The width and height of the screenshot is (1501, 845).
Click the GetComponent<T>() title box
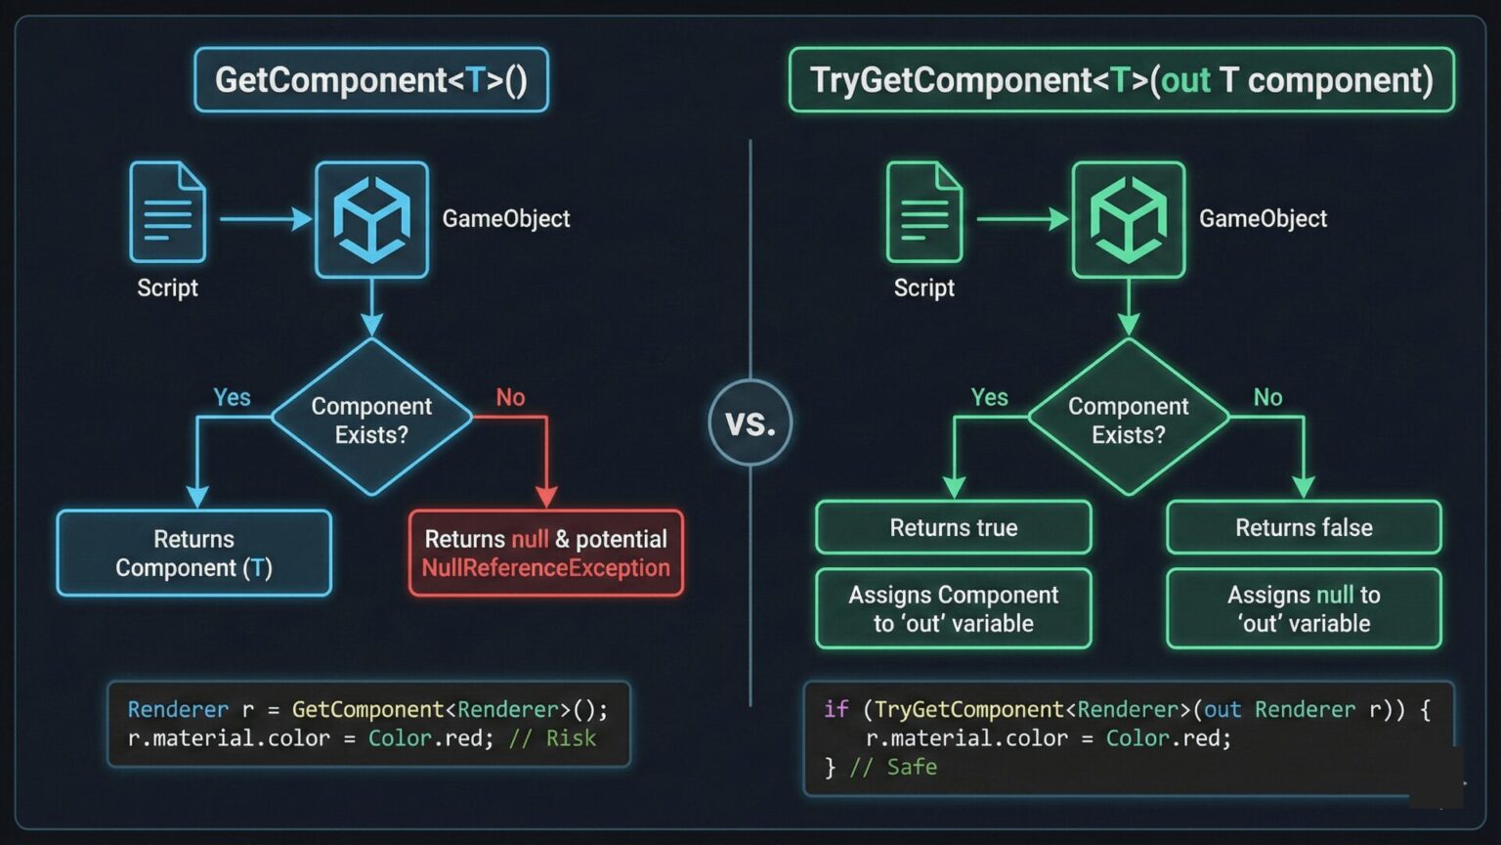pyautogui.click(x=371, y=79)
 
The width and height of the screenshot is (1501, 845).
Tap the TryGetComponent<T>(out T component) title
pyautogui.click(x=1121, y=79)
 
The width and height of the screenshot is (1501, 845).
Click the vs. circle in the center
pyautogui.click(x=750, y=422)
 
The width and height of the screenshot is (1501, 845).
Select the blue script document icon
pyautogui.click(x=168, y=212)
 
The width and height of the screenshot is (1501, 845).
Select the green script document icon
pyautogui.click(x=924, y=212)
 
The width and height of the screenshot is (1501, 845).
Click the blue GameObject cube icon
pyautogui.click(x=371, y=220)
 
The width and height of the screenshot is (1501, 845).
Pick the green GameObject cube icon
pyautogui.click(x=1129, y=220)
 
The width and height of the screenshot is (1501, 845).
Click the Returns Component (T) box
pyautogui.click(x=193, y=554)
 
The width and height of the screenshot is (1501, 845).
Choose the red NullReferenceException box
pyautogui.click(x=546, y=554)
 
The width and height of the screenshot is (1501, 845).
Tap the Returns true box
pyautogui.click(x=954, y=528)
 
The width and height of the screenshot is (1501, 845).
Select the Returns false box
pyautogui.click(x=1304, y=528)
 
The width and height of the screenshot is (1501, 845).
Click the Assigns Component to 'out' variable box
pyautogui.click(x=954, y=608)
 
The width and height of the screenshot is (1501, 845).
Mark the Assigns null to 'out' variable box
pyautogui.click(x=1304, y=608)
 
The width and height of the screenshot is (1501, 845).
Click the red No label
pyautogui.click(x=510, y=397)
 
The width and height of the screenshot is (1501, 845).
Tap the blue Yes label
pyautogui.click(x=232, y=397)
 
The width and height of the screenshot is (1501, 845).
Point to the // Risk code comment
pyautogui.click(x=552, y=738)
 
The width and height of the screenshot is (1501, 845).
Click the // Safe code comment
pyautogui.click(x=893, y=768)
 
